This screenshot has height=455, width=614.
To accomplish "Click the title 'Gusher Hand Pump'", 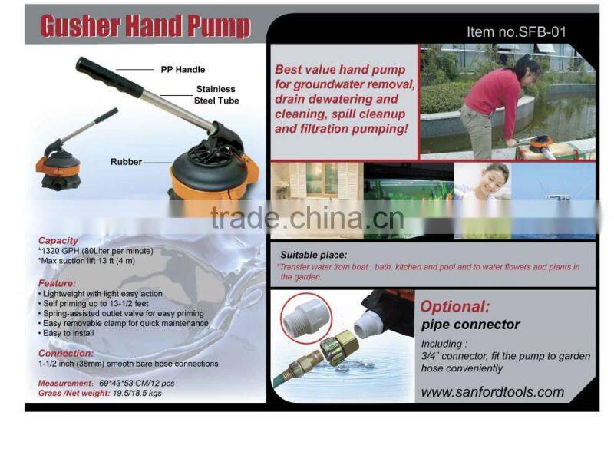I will [145, 27].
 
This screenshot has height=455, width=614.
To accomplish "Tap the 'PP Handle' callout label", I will [182, 70].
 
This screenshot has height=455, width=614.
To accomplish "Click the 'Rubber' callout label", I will [127, 162].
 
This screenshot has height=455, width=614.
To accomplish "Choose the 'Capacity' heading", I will [58, 240].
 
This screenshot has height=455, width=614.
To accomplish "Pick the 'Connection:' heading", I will [65, 353].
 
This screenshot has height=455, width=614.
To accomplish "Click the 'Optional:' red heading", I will [454, 306].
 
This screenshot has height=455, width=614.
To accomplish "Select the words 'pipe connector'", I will [470, 325].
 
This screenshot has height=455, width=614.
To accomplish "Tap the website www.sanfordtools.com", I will [492, 392].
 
